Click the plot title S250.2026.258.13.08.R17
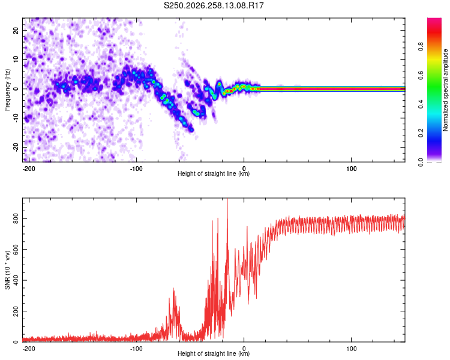click(214, 5)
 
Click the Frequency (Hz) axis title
click(7, 90)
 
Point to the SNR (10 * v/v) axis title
click(7, 270)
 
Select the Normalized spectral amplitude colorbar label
click(445, 90)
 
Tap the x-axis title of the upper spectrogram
click(214, 173)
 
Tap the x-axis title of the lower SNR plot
click(214, 353)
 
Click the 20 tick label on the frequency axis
click(16, 30)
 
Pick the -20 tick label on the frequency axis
click(16, 147)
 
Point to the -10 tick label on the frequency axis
click(16, 118)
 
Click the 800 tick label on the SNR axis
click(16, 218)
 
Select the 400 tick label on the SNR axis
click(16, 280)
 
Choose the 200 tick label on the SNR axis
click(16, 311)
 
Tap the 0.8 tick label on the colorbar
click(421, 47)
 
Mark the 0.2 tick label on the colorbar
click(421, 133)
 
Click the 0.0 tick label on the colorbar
click(421, 162)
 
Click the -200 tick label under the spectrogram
click(28, 169)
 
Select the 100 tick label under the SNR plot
click(351, 349)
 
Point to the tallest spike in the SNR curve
click(227, 199)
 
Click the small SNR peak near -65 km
click(173, 289)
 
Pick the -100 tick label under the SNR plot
click(136, 349)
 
